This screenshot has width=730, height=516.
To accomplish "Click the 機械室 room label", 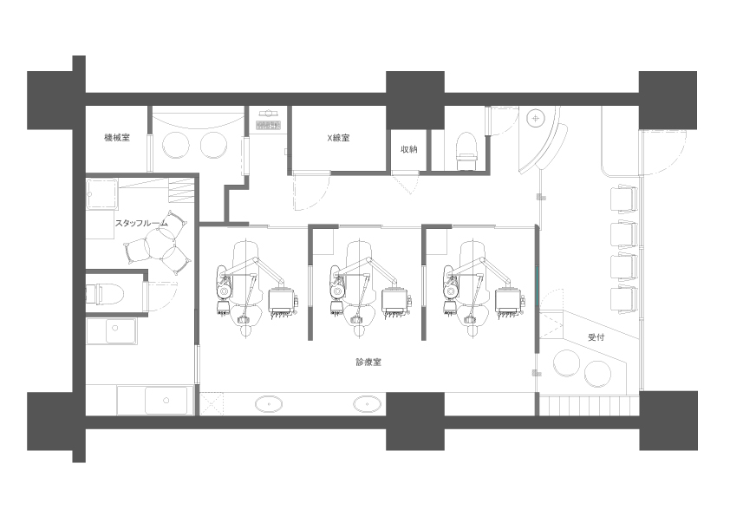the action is tap(117, 137).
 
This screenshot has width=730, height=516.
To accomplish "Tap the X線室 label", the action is tap(338, 138).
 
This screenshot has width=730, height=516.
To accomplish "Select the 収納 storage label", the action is tap(408, 149).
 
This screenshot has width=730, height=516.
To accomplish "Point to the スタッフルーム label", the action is tap(141, 223).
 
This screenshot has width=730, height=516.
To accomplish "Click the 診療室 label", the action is tap(368, 362).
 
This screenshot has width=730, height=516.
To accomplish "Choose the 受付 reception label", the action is tap(596, 337).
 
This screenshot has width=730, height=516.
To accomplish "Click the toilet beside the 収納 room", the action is tap(467, 150).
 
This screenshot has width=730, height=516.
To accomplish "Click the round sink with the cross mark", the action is tap(537, 119).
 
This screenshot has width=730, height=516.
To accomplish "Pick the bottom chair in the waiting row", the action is tap(624, 300).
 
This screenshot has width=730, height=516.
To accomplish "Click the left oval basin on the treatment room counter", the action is tap(269, 404).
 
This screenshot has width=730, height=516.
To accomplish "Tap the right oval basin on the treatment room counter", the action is tap(367, 404).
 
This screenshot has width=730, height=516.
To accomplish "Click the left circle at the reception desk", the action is tap(566, 364).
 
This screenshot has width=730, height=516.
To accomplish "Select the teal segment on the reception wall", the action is tap(537, 286).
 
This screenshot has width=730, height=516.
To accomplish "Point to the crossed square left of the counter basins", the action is tap(212, 404).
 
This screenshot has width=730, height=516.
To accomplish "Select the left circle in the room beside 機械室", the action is tap(176, 146).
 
